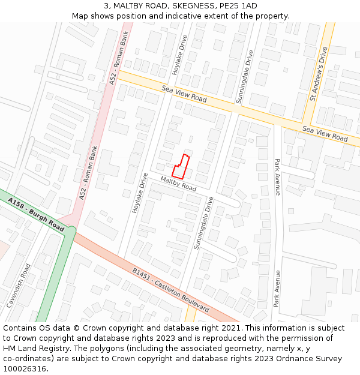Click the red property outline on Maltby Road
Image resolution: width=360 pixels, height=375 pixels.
point(182,164)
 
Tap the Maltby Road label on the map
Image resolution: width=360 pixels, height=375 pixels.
point(178,184)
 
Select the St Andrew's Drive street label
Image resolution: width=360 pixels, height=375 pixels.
point(318,74)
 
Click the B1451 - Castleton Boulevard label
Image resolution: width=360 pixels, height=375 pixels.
point(170,289)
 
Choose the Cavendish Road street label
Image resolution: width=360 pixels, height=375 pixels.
point(18,286)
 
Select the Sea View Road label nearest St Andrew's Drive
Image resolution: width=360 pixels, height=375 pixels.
point(325,134)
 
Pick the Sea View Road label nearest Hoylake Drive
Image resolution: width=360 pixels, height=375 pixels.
point(184,94)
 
